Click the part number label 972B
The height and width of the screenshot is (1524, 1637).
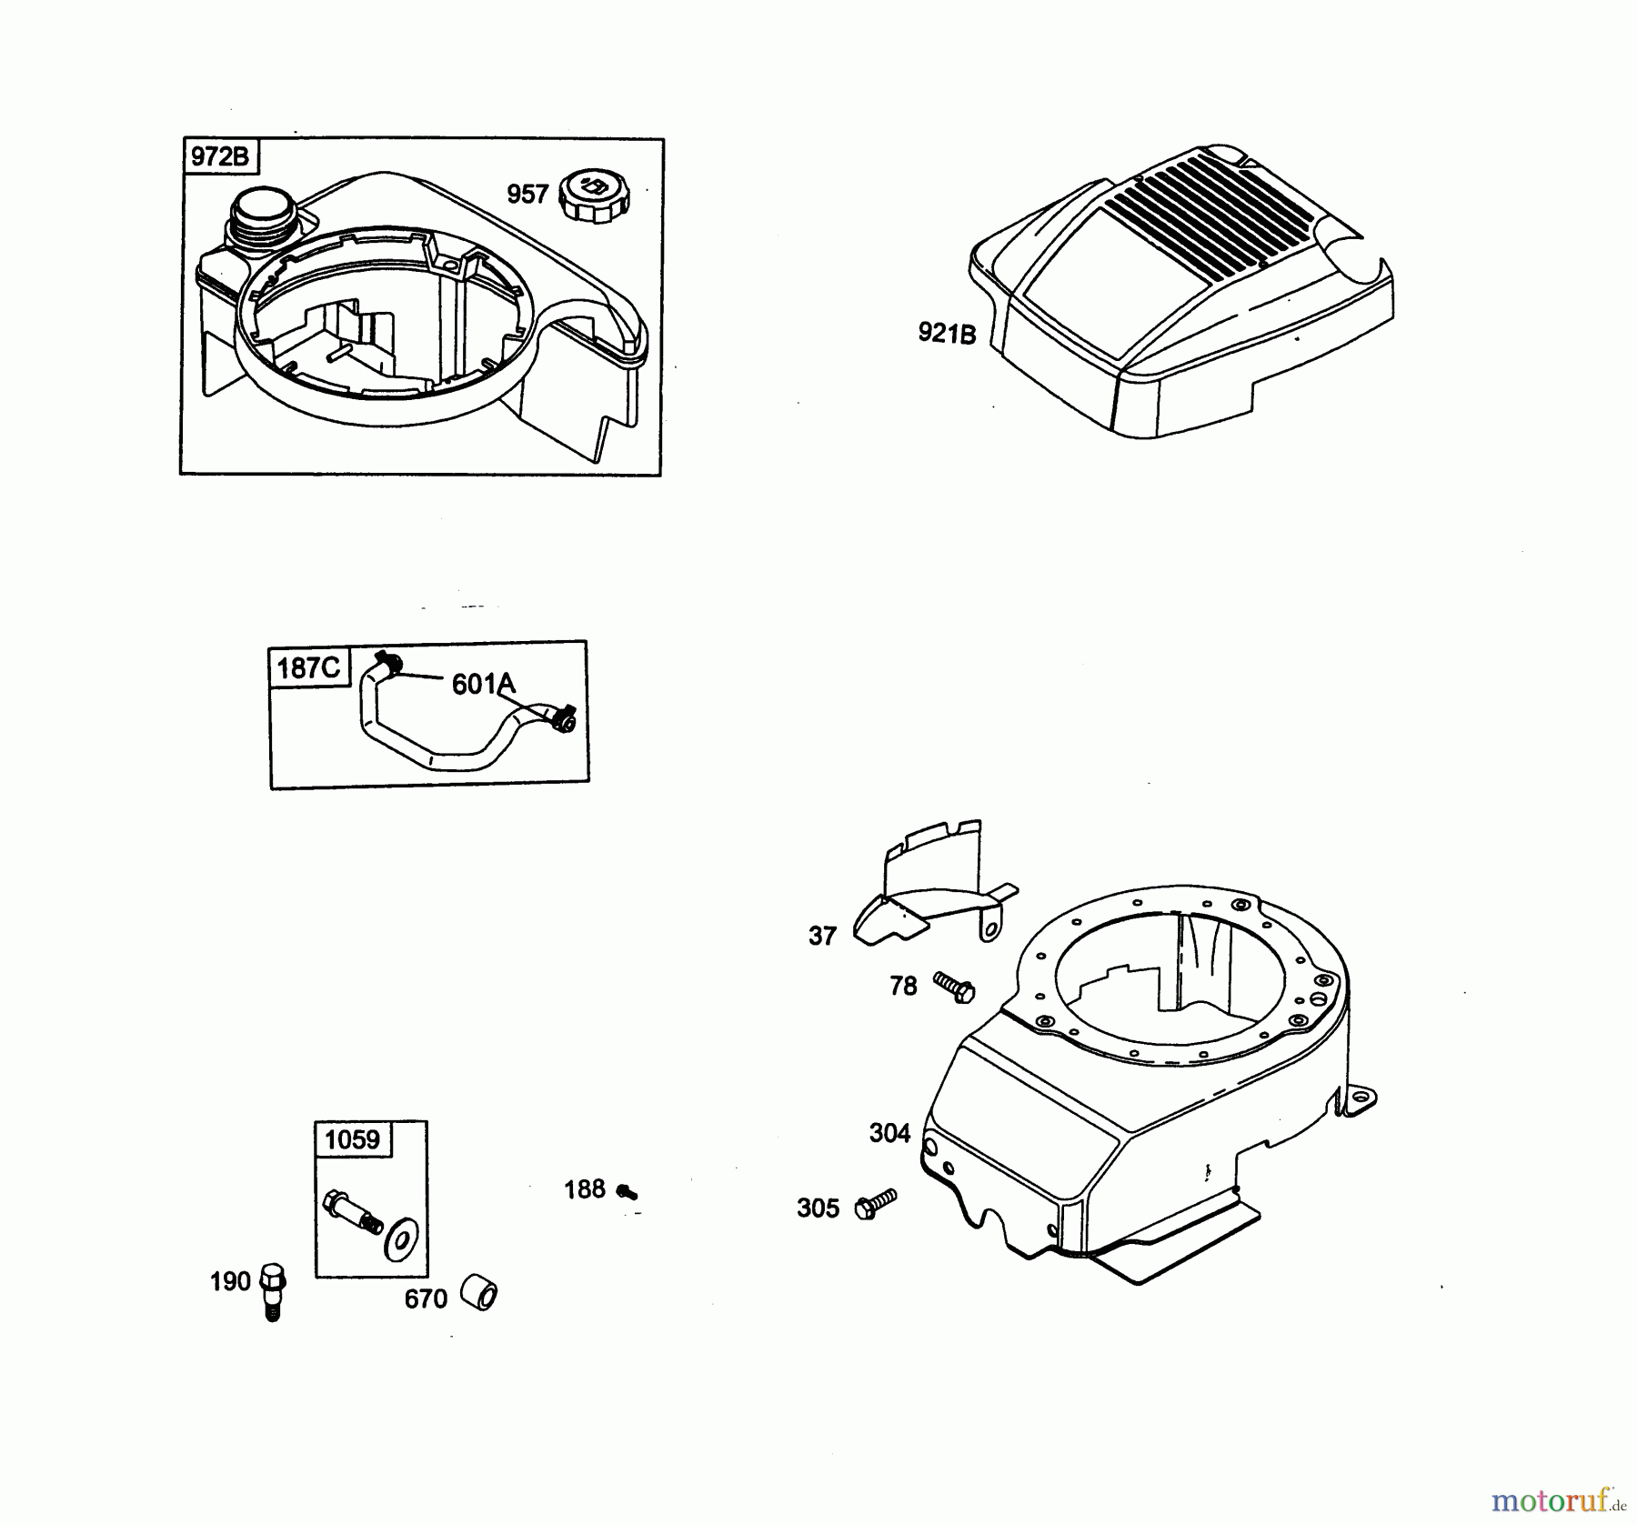[x=220, y=156]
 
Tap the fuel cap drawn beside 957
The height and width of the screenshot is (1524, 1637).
[x=597, y=194]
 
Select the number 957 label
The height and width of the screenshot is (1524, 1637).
[x=527, y=194]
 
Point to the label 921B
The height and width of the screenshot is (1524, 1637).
[x=947, y=334]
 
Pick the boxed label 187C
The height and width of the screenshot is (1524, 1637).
[x=308, y=668]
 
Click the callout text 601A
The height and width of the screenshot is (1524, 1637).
[x=483, y=684]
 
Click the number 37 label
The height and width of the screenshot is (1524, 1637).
[x=822, y=936]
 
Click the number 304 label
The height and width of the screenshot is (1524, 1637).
[x=889, y=1133]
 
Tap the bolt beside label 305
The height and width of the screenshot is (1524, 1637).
[x=876, y=1204]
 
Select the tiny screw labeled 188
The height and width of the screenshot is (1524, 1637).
[x=626, y=1191]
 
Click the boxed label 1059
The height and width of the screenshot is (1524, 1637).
[x=353, y=1139]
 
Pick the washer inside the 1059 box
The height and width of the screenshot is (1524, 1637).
[x=397, y=1241]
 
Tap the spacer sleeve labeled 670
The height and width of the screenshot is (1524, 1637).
[x=478, y=1293]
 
